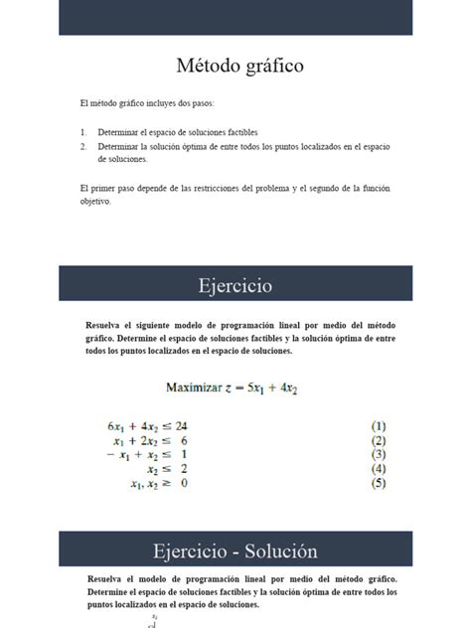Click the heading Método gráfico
tap(239, 67)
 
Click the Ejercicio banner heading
tap(235, 286)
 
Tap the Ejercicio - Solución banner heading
tap(235, 550)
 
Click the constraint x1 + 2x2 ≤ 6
tap(151, 440)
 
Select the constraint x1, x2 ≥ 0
tap(159, 484)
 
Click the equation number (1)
tap(379, 425)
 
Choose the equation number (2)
tap(379, 440)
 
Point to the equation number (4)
tap(379, 469)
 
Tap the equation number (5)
tap(379, 484)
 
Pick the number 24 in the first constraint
tap(181, 425)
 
